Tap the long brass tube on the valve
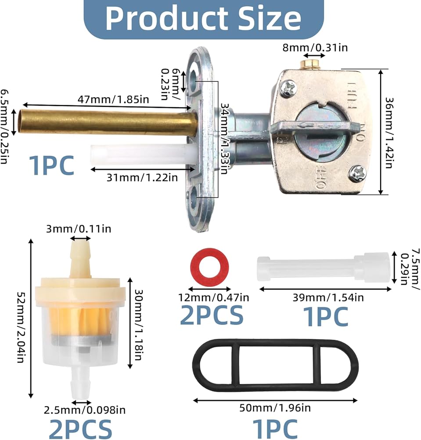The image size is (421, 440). pyautogui.click(x=108, y=121)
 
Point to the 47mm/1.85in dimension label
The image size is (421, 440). pyautogui.click(x=113, y=99)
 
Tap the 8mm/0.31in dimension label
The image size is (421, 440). pyautogui.click(x=315, y=48)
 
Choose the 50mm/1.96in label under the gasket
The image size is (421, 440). pyautogui.click(x=275, y=408)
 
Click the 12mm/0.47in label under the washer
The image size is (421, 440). pyautogui.click(x=214, y=297)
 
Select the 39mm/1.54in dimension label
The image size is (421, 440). pyautogui.click(x=328, y=297)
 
